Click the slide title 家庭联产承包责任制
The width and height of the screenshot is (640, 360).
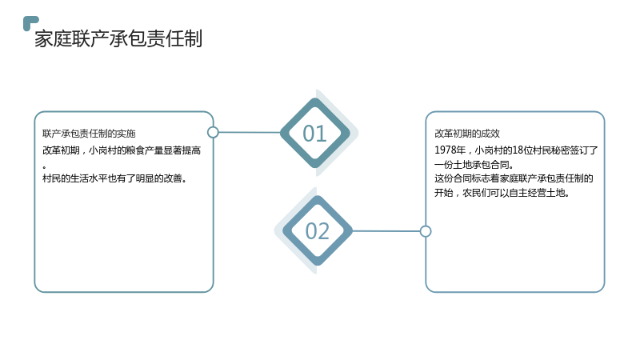[x=118, y=38]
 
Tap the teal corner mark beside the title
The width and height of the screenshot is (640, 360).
[x=30, y=22]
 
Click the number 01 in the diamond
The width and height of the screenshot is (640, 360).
[x=314, y=134]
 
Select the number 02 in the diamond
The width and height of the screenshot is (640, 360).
[x=317, y=231]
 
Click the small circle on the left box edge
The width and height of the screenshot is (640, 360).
[x=213, y=132]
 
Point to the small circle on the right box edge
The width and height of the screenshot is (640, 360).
[x=426, y=231]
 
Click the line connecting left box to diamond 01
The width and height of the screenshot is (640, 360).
[x=250, y=132]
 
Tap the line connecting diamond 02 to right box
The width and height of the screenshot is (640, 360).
[x=386, y=231]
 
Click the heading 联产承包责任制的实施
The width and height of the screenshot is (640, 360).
[x=89, y=134]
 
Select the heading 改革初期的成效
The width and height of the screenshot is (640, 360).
[x=467, y=134]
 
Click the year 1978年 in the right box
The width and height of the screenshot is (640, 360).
[x=450, y=150]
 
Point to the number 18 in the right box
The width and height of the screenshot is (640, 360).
[x=518, y=150]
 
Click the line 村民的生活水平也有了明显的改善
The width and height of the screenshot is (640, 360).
[x=114, y=178]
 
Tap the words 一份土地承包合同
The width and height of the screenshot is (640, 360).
[x=474, y=165]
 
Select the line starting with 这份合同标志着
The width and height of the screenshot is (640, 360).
[x=514, y=178]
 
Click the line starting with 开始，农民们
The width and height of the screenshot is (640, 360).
[x=502, y=193]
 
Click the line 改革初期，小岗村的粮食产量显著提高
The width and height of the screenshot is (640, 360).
[x=122, y=150]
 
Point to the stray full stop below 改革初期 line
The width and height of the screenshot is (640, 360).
[x=44, y=166]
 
